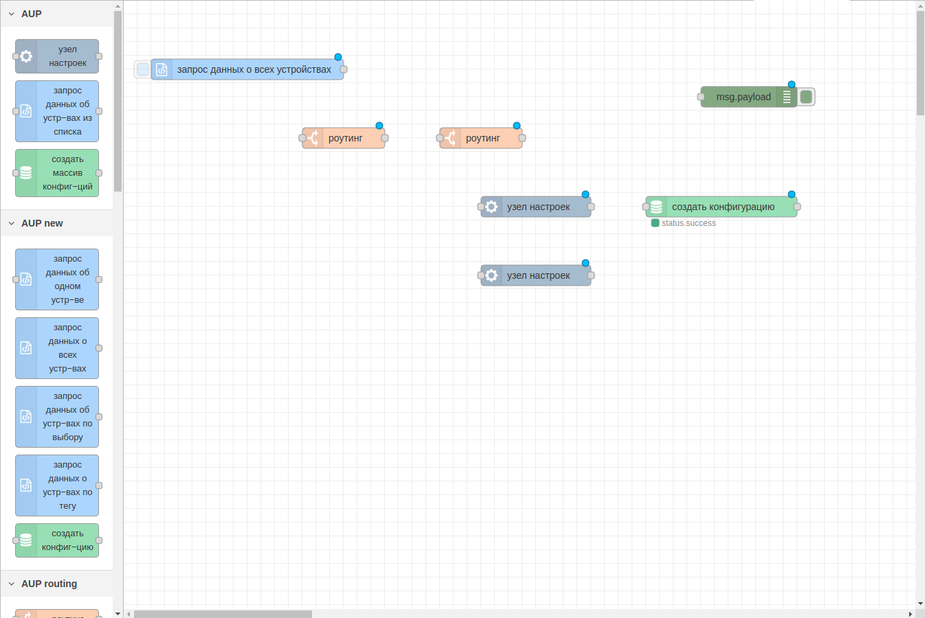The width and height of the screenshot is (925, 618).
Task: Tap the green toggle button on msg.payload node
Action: [806, 97]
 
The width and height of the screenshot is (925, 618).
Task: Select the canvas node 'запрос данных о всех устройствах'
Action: [247, 69]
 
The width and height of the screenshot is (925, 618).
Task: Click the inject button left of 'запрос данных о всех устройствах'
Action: [142, 69]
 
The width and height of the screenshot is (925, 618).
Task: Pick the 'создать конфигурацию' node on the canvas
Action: [722, 207]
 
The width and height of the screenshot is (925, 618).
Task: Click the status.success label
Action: [689, 223]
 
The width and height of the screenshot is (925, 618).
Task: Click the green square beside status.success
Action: [655, 223]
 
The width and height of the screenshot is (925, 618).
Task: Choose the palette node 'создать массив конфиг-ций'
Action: [57, 173]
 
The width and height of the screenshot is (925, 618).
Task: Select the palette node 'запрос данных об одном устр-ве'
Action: [57, 279]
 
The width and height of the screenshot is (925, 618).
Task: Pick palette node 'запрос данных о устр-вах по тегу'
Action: [57, 485]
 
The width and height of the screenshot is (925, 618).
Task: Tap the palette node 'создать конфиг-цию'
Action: [57, 540]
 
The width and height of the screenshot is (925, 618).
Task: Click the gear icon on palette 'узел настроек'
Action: [26, 56]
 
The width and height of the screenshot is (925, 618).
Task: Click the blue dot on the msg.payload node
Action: [792, 84]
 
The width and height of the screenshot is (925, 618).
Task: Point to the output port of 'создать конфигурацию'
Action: [797, 207]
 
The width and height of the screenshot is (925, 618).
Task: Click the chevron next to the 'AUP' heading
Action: [12, 14]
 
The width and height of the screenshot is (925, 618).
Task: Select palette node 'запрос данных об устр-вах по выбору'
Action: [57, 417]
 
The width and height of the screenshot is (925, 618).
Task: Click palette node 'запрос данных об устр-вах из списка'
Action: [57, 111]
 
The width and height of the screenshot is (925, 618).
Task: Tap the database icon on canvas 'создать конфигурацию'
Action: [656, 207]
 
